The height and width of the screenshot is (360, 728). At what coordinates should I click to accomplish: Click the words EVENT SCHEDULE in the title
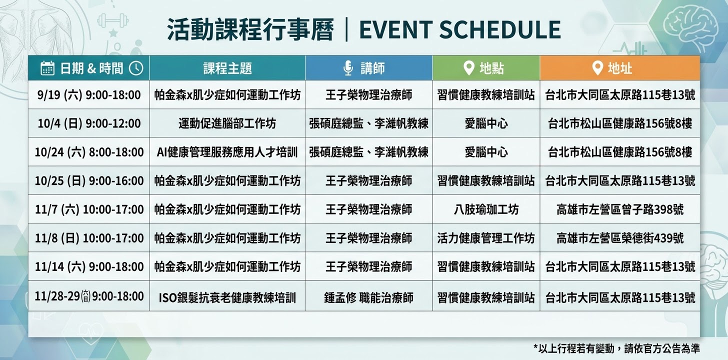pyautogui.click(x=460, y=29)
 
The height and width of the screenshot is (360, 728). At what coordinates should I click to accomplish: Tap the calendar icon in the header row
pyautogui.click(x=47, y=68)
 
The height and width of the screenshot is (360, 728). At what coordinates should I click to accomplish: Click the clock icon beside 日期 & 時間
pyautogui.click(x=136, y=68)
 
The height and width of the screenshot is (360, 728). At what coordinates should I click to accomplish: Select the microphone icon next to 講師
pyautogui.click(x=348, y=68)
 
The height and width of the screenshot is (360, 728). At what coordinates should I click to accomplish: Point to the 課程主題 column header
pyautogui.click(x=227, y=68)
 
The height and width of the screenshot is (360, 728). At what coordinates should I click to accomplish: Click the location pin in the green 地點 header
pyautogui.click(x=468, y=68)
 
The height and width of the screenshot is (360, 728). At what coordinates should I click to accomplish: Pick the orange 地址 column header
pyautogui.click(x=620, y=68)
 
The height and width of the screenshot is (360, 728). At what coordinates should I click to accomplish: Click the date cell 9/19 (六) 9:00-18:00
pyautogui.click(x=88, y=95)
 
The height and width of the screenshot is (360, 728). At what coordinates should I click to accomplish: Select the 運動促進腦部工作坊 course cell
pyautogui.click(x=227, y=123)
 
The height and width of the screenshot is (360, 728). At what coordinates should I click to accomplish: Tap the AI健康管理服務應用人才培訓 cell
pyautogui.click(x=227, y=152)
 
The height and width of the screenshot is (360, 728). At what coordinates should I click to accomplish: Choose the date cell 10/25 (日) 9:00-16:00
pyautogui.click(x=89, y=180)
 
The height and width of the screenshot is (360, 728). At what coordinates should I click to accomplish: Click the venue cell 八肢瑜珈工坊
pyautogui.click(x=486, y=209)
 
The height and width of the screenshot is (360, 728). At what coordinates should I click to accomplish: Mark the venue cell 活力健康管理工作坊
pyautogui.click(x=486, y=238)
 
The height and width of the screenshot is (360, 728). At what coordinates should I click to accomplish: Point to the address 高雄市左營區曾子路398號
pyautogui.click(x=620, y=209)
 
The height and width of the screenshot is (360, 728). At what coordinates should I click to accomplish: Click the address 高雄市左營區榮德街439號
pyautogui.click(x=620, y=238)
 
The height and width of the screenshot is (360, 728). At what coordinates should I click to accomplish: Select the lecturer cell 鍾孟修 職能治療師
pyautogui.click(x=368, y=297)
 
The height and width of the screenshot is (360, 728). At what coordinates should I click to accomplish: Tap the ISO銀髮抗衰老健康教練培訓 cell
pyautogui.click(x=227, y=297)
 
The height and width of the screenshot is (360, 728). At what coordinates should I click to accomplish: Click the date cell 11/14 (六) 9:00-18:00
pyautogui.click(x=89, y=266)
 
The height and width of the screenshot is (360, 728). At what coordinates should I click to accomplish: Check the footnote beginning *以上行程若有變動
pyautogui.click(x=616, y=348)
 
